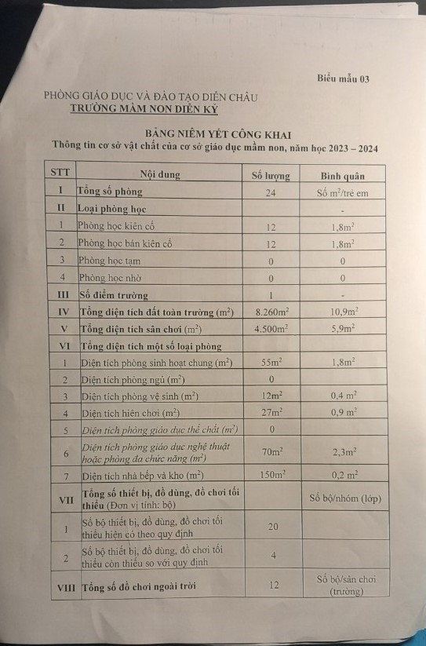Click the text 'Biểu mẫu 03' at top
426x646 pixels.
pos(343,78)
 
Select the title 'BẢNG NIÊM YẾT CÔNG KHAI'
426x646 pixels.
pos(213,135)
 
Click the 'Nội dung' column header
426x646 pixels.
pos(158,174)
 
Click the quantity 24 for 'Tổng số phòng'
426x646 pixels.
pos(271,193)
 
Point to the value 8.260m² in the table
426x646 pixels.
pos(271,312)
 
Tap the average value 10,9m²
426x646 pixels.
pos(343,312)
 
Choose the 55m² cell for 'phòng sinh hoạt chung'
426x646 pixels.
pos(271,363)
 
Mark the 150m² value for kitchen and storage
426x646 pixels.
pos(271,475)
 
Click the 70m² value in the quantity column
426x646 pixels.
pos(271,451)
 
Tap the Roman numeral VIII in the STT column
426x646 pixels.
pos(64,586)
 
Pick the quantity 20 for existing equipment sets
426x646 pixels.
pos(272,526)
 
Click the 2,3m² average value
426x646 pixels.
pos(343,452)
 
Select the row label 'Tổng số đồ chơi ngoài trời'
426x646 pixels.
pos(140,586)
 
